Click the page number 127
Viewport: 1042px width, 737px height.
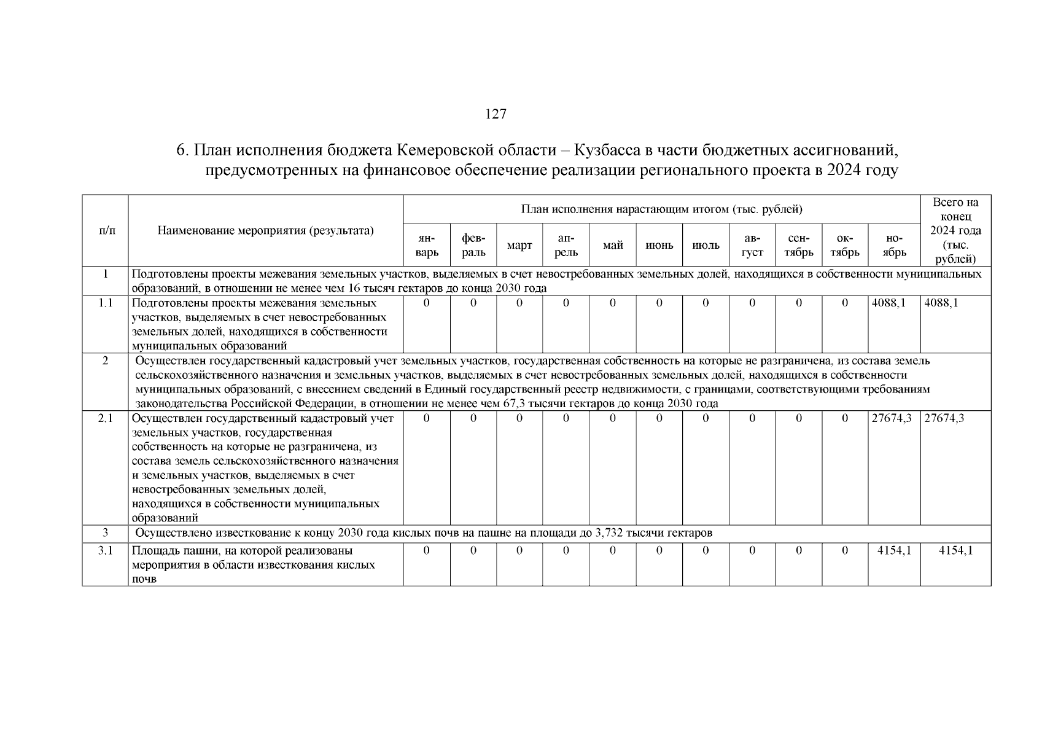point(496,114)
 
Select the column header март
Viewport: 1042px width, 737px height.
point(519,246)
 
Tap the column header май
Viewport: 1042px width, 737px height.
point(613,246)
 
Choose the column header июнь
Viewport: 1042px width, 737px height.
point(659,246)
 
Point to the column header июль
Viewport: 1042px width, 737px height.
point(706,246)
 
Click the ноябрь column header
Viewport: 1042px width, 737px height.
point(894,246)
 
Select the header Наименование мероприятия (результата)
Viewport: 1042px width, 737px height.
point(265,231)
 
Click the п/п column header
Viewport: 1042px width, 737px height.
point(106,231)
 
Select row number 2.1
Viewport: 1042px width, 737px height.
point(106,418)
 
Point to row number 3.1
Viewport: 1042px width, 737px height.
point(106,551)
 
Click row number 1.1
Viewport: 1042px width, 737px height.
point(106,303)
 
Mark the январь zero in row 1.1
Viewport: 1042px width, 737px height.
point(427,303)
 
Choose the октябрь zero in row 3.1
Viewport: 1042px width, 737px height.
point(845,551)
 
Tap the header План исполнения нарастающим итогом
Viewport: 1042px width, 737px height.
point(661,210)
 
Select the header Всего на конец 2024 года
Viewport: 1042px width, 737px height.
point(955,231)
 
